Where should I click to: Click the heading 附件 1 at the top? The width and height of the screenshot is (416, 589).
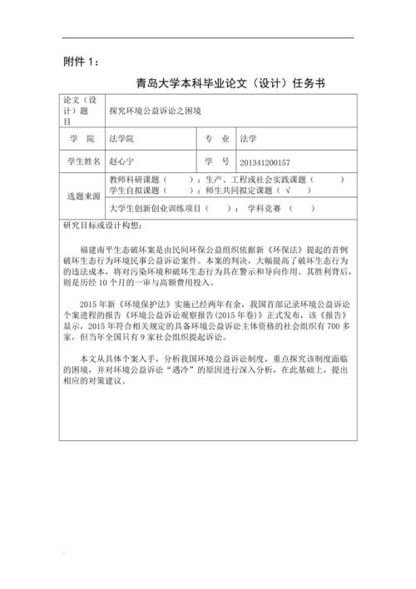82,62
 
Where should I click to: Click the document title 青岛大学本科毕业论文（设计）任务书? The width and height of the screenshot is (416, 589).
229,83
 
